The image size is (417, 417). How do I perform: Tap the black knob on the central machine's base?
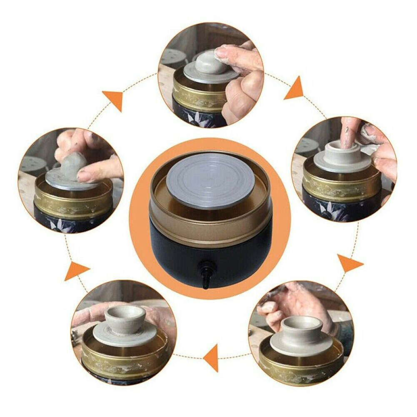tap(205, 267)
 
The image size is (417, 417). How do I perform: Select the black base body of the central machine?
tap(233, 258)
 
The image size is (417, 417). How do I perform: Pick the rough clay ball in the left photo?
tap(71, 167)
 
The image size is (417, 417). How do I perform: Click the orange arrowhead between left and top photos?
tap(113, 100)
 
